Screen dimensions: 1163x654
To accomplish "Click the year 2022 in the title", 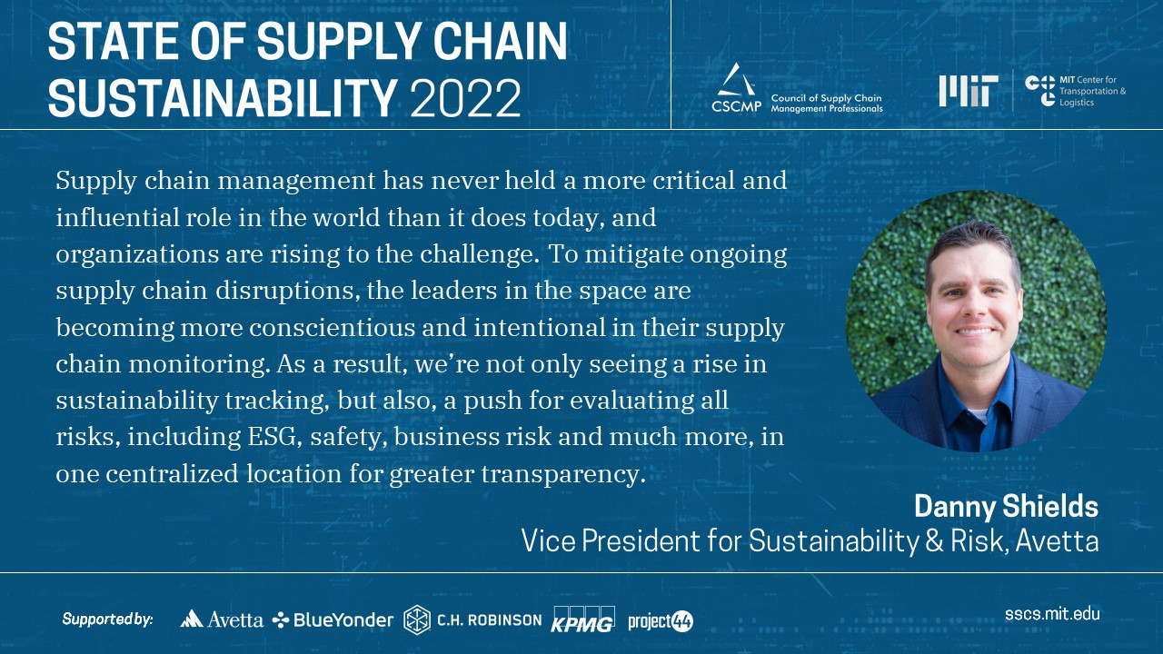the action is coord(466,97).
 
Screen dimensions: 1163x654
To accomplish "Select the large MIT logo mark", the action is coord(969,92).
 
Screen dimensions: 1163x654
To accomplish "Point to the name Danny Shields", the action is coord(1006,506).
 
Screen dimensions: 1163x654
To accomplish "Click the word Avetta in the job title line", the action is coord(1057,540).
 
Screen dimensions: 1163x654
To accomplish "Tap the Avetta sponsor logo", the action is coord(222,619).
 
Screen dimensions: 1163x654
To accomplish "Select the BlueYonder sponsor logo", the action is coord(333,619).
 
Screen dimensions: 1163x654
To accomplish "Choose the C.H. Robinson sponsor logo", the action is coord(472,619).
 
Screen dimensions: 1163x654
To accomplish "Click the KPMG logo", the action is coord(583,619).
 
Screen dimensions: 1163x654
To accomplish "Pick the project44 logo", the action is coord(661,620).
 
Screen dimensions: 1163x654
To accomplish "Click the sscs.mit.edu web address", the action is coord(1052,614).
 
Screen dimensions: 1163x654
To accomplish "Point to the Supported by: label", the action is coord(108,619).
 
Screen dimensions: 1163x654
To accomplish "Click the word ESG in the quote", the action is coord(274,437).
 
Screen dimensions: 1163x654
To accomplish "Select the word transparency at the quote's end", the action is coord(563,475).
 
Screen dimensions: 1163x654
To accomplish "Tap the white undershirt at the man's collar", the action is coord(979,415).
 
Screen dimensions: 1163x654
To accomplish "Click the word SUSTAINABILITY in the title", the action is coord(223,97).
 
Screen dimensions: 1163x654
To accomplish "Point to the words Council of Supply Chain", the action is coord(826,98).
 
